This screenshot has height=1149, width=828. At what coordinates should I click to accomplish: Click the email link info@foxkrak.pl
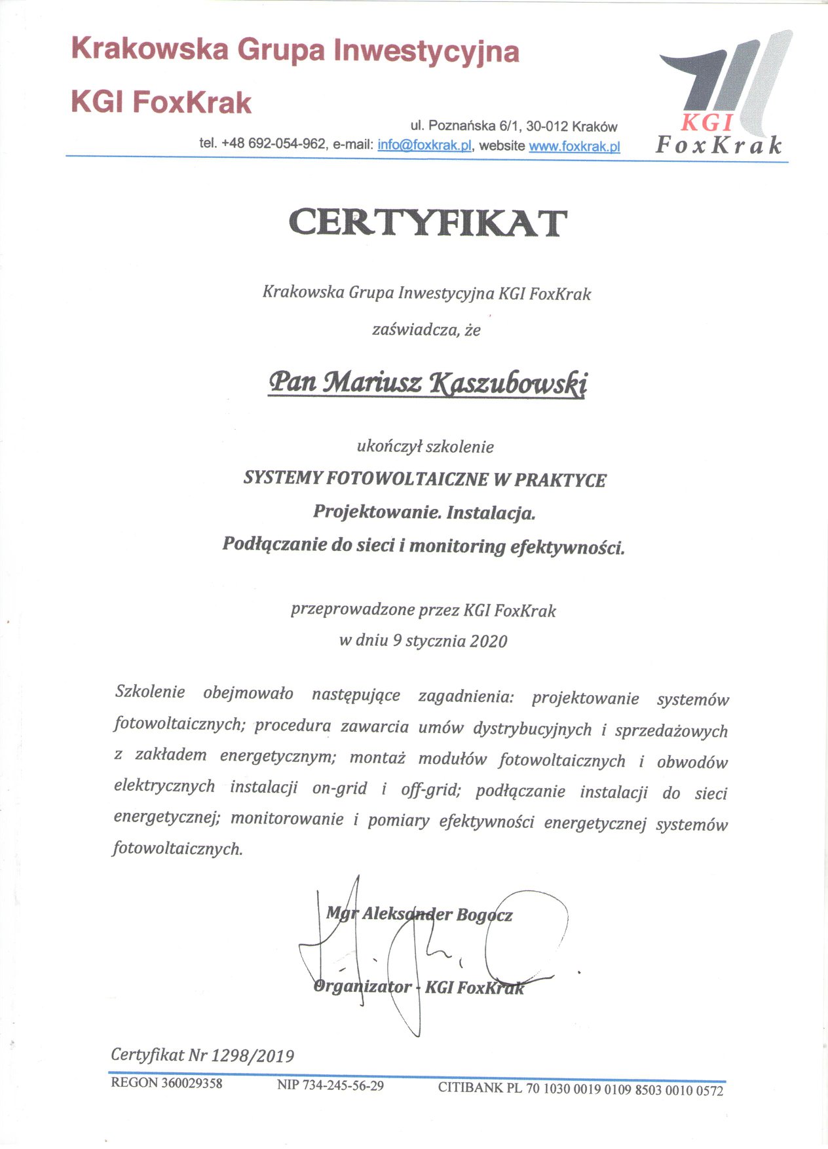click(424, 145)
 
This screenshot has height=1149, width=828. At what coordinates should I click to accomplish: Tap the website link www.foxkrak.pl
click(574, 146)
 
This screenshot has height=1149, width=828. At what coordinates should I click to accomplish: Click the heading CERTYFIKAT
click(427, 223)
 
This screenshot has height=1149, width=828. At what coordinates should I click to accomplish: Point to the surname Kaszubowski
click(508, 383)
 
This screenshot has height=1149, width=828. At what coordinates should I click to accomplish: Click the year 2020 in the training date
click(488, 641)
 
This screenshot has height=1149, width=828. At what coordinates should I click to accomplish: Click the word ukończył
click(389, 447)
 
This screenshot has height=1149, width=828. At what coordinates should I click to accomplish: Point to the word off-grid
click(431, 790)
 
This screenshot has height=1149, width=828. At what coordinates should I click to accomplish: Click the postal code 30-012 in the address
click(546, 126)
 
